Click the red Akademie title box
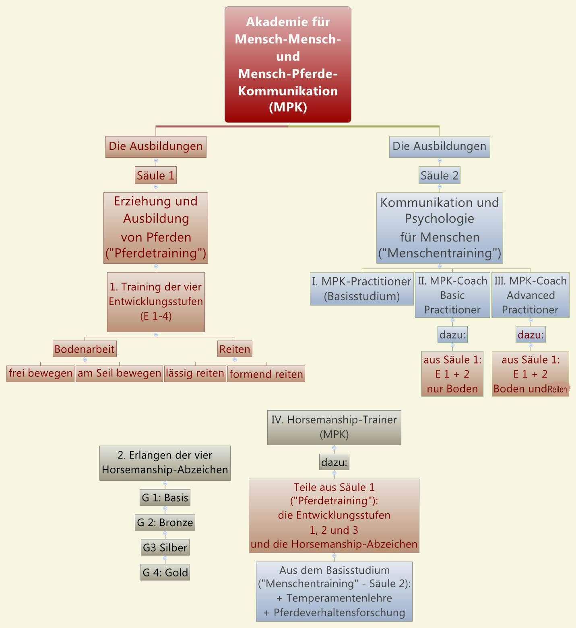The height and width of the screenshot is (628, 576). (x=288, y=64)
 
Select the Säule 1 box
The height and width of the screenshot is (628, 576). (x=156, y=176)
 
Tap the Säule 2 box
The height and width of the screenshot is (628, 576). (x=439, y=176)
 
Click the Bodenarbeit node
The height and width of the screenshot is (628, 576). (x=85, y=349)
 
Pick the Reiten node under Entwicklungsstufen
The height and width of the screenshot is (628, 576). (x=235, y=349)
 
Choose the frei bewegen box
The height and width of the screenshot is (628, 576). (x=40, y=373)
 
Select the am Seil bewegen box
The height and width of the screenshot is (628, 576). (x=119, y=373)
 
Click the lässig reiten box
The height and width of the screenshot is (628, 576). (x=195, y=373)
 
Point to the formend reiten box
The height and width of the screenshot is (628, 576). (x=266, y=374)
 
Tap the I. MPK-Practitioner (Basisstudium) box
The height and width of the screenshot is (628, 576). (x=361, y=289)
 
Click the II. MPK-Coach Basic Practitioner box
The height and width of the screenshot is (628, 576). (x=452, y=295)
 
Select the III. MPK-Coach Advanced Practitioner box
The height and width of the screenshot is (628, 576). (x=530, y=295)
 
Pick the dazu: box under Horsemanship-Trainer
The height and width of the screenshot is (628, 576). (x=334, y=462)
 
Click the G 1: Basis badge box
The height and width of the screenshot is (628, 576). (x=165, y=498)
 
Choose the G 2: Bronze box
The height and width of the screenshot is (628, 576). (x=165, y=523)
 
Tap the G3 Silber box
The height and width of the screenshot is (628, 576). (x=165, y=547)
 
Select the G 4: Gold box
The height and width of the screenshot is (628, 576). (x=165, y=572)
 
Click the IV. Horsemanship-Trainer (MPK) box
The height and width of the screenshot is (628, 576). (x=334, y=427)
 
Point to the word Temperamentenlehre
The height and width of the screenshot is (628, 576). (x=339, y=598)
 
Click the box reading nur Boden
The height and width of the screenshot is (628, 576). (x=452, y=374)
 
